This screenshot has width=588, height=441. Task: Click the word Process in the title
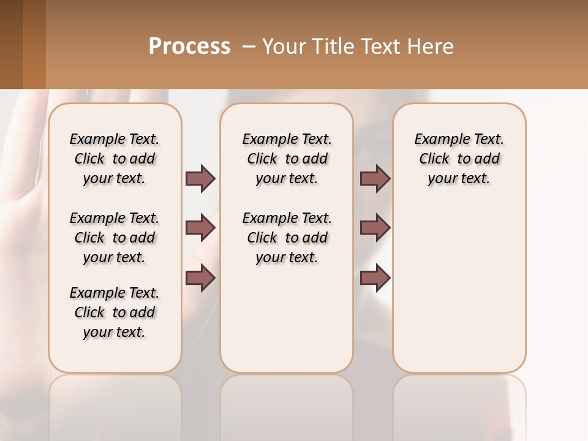(x=189, y=47)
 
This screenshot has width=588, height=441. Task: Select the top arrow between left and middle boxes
(x=200, y=178)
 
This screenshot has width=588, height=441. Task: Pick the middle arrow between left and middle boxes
(x=200, y=228)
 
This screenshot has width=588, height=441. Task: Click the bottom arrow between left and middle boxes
(x=200, y=278)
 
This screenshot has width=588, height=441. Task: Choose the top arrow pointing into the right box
(x=375, y=178)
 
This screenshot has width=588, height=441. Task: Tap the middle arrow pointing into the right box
(x=375, y=228)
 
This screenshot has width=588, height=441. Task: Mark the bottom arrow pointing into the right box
(x=375, y=278)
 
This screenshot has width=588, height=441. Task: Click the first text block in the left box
(x=115, y=159)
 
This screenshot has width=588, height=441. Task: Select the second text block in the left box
(x=115, y=238)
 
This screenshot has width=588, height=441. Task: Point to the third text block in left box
(x=115, y=312)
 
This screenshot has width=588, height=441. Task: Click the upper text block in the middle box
(x=287, y=159)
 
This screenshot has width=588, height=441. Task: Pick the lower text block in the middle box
(x=287, y=238)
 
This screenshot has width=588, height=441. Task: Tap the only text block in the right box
(x=459, y=159)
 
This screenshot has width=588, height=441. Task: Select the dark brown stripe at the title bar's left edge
(x=11, y=44)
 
